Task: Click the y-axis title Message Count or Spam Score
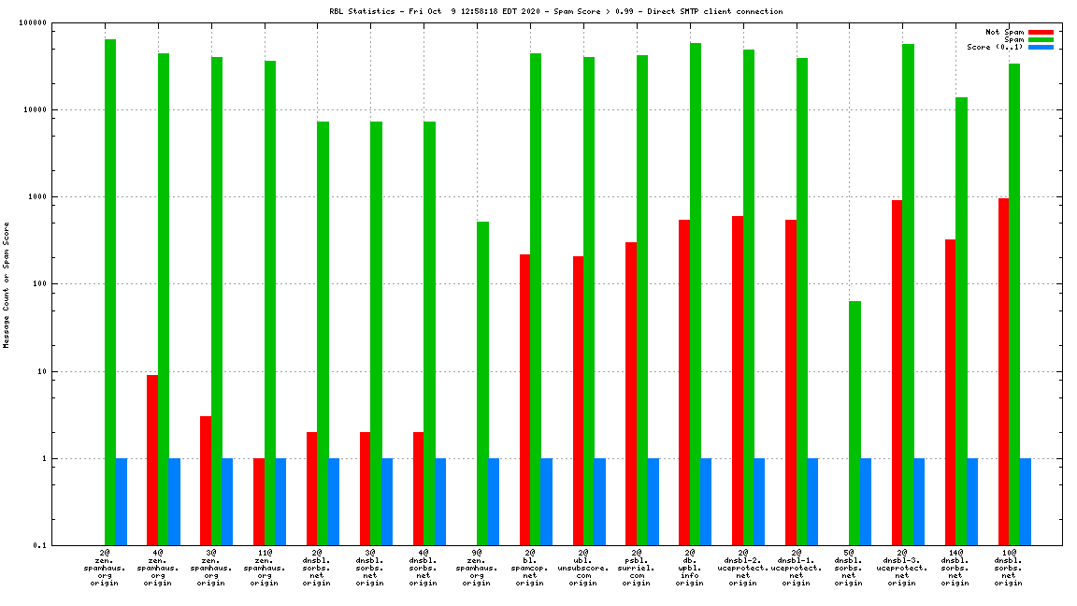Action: (x=6, y=284)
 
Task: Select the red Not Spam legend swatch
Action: (x=1041, y=32)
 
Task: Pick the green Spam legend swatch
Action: (x=1041, y=39)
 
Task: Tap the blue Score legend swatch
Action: (x=1041, y=47)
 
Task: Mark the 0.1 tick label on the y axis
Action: (x=66, y=546)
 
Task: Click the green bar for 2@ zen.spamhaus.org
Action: (x=110, y=292)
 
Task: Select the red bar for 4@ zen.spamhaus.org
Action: (x=152, y=460)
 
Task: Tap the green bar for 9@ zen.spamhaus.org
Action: (x=482, y=383)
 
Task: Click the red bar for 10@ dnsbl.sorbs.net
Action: (x=1003, y=371)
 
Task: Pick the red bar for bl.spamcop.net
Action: (x=524, y=399)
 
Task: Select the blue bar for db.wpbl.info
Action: (x=706, y=501)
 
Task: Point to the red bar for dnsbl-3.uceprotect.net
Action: (x=897, y=372)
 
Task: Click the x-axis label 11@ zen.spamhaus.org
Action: (x=265, y=568)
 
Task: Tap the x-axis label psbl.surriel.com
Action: (x=637, y=568)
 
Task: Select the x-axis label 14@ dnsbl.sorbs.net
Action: (x=955, y=568)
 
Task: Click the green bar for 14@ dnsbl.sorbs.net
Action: (x=961, y=321)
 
